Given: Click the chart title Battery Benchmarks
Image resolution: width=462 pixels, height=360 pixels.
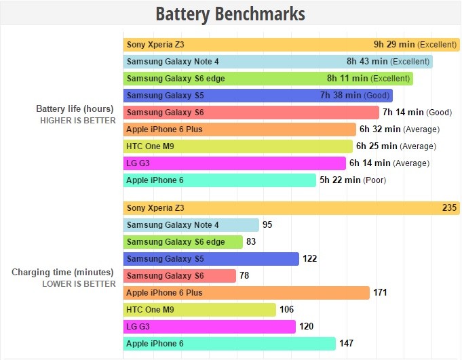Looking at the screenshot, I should (230, 14).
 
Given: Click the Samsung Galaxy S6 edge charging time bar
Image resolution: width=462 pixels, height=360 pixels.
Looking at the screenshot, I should (183, 242).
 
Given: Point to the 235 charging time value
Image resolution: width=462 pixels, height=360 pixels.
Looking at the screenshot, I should (449, 208).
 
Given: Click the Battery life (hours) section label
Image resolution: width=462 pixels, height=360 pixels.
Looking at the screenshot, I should (75, 108).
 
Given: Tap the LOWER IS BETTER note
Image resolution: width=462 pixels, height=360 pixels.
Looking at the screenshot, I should (79, 284).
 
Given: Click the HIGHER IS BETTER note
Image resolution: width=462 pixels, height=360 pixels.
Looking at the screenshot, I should (78, 120).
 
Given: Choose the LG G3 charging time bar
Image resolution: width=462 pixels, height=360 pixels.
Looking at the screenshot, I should (210, 327).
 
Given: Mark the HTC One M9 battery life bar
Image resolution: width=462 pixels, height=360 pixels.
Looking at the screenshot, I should (237, 146).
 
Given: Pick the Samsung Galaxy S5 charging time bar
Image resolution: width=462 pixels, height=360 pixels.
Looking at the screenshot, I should (211, 259).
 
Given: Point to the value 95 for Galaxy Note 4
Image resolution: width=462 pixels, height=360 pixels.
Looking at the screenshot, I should (267, 225).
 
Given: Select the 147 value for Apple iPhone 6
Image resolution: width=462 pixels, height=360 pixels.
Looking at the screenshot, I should (346, 344).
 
